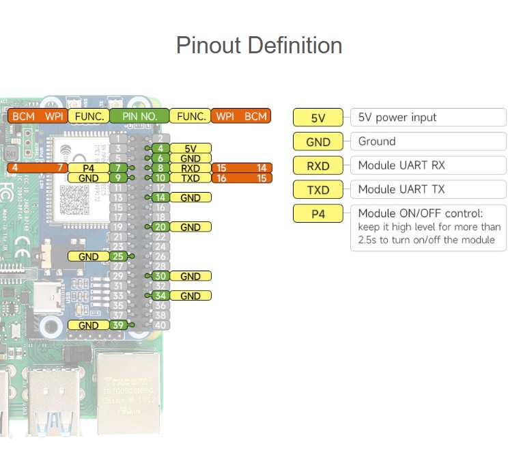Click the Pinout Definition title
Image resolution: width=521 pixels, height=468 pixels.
coord(259,46)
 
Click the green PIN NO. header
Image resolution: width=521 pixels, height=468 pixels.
coord(139,117)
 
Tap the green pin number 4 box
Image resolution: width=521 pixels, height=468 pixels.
coord(160,148)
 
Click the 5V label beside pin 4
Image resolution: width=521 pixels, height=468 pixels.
coord(191,148)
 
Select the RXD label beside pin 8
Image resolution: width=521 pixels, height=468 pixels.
coord(191,168)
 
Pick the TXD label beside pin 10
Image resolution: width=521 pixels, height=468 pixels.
coord(191,178)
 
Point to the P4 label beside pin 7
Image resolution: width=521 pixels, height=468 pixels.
coord(88,168)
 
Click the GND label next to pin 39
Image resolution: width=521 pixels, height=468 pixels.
coord(88,325)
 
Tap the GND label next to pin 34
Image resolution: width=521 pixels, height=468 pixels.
coord(191,296)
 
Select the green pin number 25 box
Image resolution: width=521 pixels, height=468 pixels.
coord(118,256)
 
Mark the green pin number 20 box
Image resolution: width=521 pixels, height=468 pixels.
coord(160,227)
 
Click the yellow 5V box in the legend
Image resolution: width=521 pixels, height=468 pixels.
coord(318,118)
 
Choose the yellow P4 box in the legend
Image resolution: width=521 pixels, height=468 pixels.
coord(318,213)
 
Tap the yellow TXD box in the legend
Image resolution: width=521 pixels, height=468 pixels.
coord(318,189)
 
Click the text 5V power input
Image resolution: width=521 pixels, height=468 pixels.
coord(397,118)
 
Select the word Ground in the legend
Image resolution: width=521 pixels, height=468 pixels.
coord(377,141)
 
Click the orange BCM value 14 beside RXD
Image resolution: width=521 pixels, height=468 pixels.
coord(262,168)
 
